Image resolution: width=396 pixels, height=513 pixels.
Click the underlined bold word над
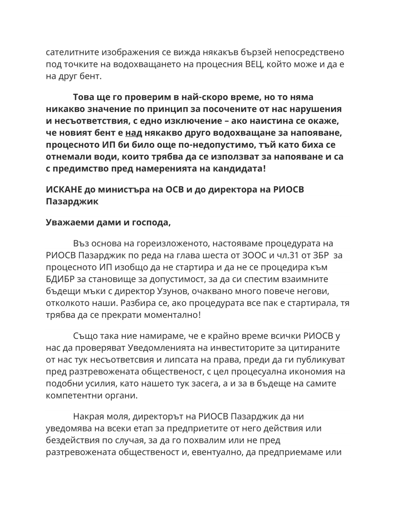[x=134, y=133]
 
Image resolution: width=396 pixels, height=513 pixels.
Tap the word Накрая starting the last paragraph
[x=89, y=416]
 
